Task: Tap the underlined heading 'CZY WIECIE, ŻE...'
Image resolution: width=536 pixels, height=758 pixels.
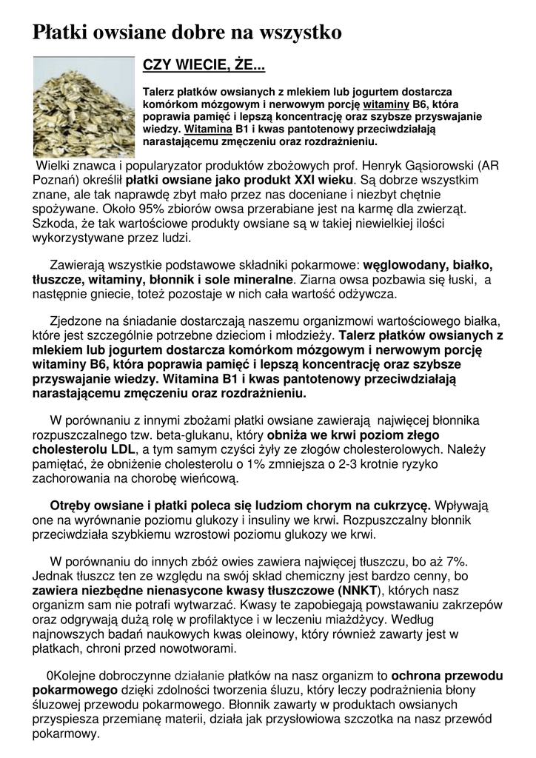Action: (x=204, y=67)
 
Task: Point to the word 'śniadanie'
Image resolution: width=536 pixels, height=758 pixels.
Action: (x=141, y=322)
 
